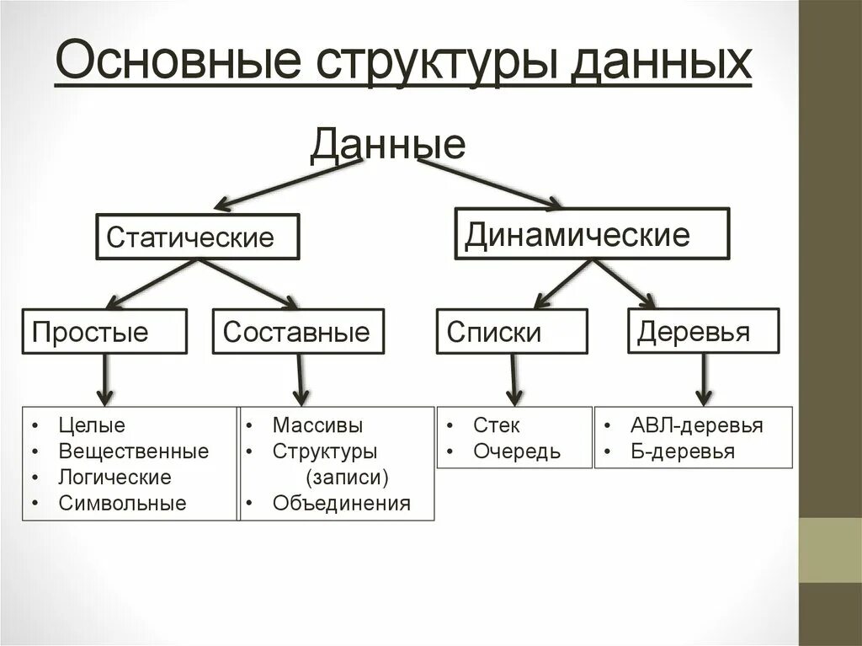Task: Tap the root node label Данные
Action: click(387, 144)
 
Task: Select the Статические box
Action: click(197, 236)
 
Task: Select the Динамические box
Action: click(592, 233)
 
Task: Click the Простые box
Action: click(104, 331)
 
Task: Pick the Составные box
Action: click(297, 331)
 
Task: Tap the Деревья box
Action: click(703, 330)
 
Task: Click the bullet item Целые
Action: click(92, 425)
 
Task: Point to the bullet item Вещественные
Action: click(133, 451)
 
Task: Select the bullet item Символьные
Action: click(122, 504)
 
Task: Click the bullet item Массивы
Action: click(317, 425)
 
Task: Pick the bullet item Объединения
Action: click(341, 504)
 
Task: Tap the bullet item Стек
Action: click(496, 425)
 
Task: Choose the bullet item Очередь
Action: click(516, 451)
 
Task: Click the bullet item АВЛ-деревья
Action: click(696, 425)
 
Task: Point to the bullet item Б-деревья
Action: click(682, 451)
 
